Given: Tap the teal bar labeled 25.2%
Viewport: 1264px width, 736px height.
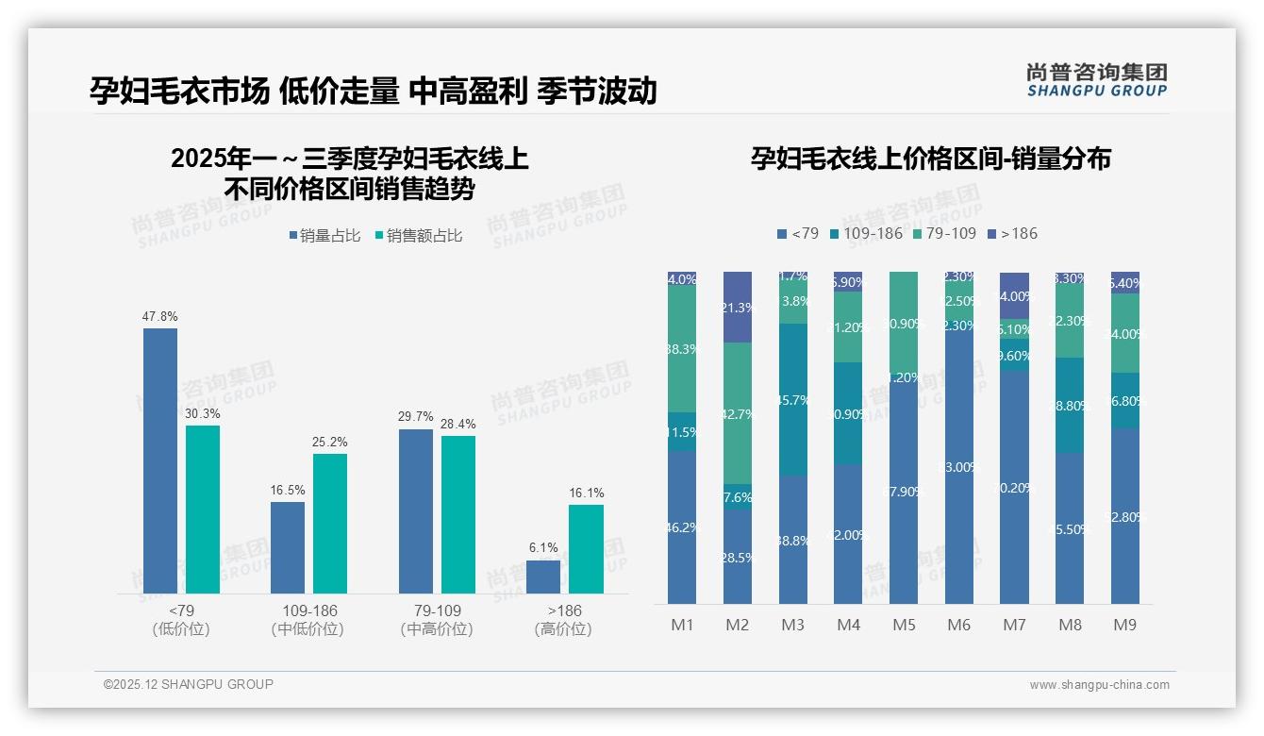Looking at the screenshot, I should (x=330, y=524).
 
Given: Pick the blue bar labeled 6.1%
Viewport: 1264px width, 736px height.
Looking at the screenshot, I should (x=543, y=577).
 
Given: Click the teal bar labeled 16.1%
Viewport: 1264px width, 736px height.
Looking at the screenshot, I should (x=586, y=549).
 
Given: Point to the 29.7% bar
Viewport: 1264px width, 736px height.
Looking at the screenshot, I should (x=416, y=511).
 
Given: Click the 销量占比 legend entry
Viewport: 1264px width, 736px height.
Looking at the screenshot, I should (x=324, y=236).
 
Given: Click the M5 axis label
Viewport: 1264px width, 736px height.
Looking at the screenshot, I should (x=905, y=625).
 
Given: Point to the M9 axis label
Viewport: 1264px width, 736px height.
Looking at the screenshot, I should (x=1124, y=625).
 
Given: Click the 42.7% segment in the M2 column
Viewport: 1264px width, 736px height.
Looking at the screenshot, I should (x=738, y=413).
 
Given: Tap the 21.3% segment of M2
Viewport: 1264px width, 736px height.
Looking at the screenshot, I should (x=738, y=307).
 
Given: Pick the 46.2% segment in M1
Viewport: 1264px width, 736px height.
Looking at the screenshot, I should (x=682, y=527).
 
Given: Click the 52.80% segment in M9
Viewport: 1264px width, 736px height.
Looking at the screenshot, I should (x=1124, y=516).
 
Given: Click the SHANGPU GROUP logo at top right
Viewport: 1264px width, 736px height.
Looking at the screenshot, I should (x=1096, y=80).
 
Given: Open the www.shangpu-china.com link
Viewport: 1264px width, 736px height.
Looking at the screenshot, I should (x=1099, y=685).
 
